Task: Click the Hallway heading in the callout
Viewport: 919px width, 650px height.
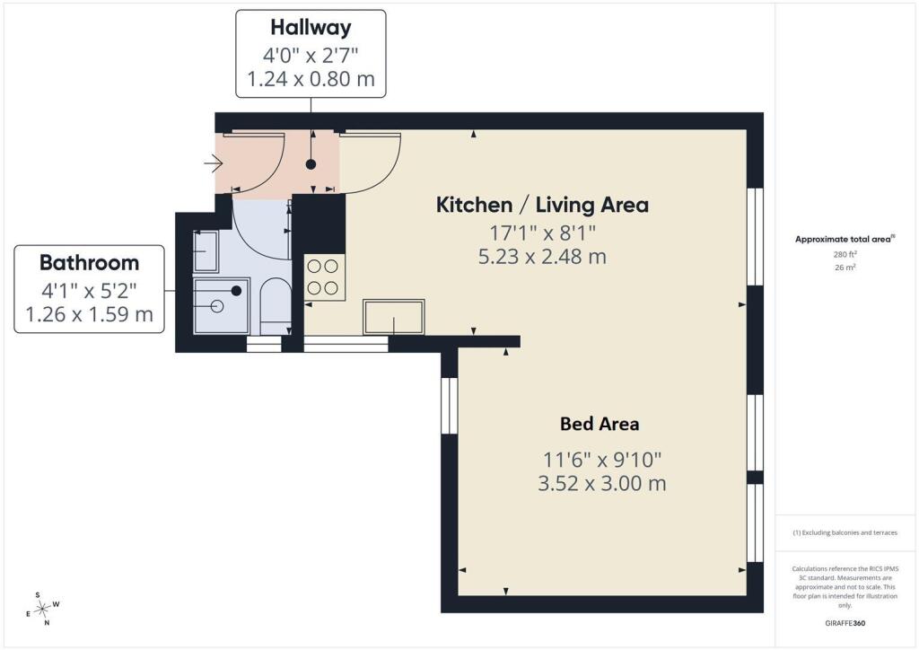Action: coord(311,28)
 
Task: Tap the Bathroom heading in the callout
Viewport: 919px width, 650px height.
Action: coord(89,262)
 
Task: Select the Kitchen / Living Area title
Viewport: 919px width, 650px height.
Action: coord(542,205)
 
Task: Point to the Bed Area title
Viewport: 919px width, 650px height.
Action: coord(600,424)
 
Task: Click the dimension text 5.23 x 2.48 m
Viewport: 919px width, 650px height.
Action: coord(542,257)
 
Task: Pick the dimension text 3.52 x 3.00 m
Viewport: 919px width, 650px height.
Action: coord(602,484)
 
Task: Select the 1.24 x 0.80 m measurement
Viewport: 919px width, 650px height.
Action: coord(311,79)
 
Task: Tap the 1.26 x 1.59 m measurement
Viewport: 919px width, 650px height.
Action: coord(89,315)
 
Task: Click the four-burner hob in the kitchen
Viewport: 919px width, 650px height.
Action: coord(323,277)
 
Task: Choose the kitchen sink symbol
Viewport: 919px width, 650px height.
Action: coord(393,317)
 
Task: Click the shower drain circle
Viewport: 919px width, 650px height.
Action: coord(217,306)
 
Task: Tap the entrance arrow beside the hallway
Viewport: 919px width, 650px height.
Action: coord(214,162)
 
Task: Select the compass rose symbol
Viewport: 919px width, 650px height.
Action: coord(42,610)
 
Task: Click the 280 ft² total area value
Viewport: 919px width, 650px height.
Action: coord(845,254)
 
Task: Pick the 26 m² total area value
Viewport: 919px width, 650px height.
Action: coord(845,268)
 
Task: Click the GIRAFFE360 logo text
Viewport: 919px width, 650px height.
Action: coord(845,623)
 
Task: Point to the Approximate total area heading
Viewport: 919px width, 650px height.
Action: coord(845,239)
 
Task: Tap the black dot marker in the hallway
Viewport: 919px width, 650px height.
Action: coord(311,164)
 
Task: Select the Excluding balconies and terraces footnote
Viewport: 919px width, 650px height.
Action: coord(845,532)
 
